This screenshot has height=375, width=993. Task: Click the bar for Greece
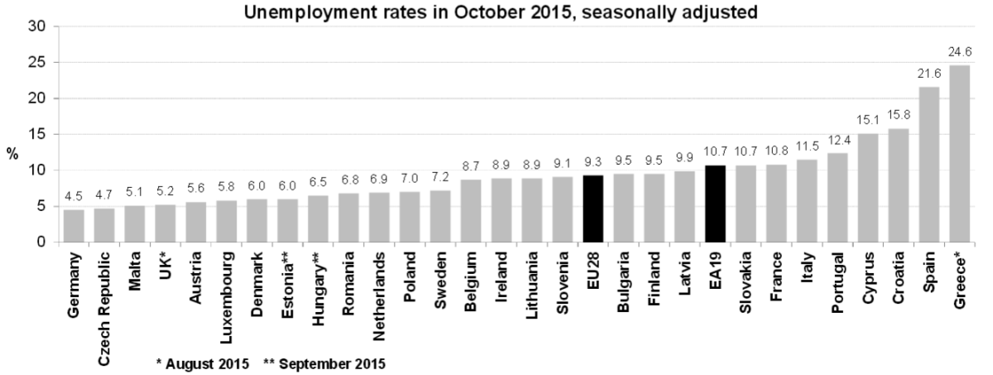click(960, 154)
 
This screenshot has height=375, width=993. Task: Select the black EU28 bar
click(592, 209)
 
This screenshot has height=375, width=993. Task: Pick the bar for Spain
click(929, 165)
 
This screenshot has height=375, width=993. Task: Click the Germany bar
click(74, 226)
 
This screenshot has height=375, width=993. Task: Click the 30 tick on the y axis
click(36, 26)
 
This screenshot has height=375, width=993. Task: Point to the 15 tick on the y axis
click(36, 134)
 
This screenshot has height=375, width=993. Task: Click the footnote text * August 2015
click(203, 363)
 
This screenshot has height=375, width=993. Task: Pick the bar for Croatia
click(899, 185)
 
